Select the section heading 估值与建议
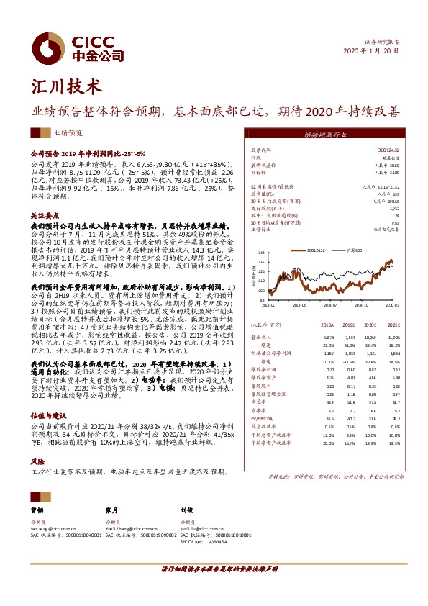(x=47, y=416)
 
